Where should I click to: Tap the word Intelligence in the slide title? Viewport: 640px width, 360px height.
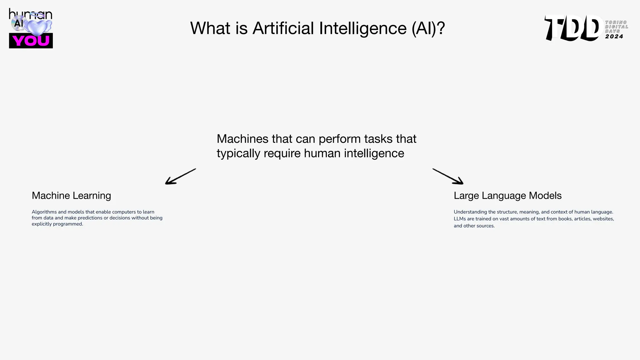(x=363, y=28)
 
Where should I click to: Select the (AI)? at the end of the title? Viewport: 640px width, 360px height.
(x=428, y=28)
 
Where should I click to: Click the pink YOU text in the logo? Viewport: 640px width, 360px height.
(x=31, y=41)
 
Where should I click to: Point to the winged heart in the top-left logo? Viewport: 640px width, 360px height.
(x=37, y=27)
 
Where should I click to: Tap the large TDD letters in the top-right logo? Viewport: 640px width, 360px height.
(x=573, y=28)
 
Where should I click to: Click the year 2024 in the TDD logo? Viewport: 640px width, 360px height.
(x=614, y=37)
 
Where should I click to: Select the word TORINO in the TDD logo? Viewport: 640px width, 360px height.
(x=616, y=22)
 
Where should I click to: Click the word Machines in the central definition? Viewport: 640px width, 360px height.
(x=242, y=139)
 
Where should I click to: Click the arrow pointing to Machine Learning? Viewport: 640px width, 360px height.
(x=180, y=177)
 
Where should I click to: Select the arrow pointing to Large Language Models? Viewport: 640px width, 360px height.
(x=448, y=177)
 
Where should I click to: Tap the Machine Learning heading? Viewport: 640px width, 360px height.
(x=71, y=196)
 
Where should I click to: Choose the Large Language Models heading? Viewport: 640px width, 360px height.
(x=507, y=196)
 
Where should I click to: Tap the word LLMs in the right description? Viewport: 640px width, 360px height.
(x=460, y=219)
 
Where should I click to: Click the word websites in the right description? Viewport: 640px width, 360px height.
(x=603, y=219)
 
